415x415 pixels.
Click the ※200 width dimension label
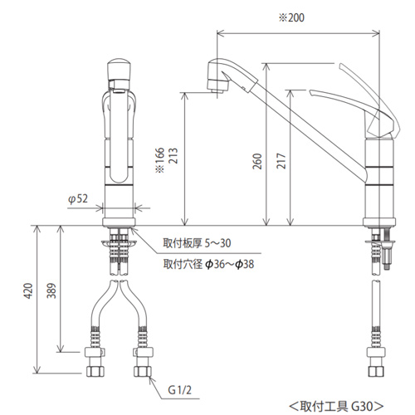[x=291, y=17]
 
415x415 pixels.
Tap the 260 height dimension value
[x=257, y=161]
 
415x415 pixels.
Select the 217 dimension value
[x=281, y=161]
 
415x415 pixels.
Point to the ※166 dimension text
[x=160, y=160]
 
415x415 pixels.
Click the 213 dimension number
[x=173, y=156]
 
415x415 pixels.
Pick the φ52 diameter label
[x=78, y=198]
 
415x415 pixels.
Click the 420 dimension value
[x=28, y=290]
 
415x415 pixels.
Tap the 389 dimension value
[x=51, y=290]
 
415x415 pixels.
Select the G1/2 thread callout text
[x=179, y=390]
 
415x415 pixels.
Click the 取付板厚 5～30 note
[x=197, y=243]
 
